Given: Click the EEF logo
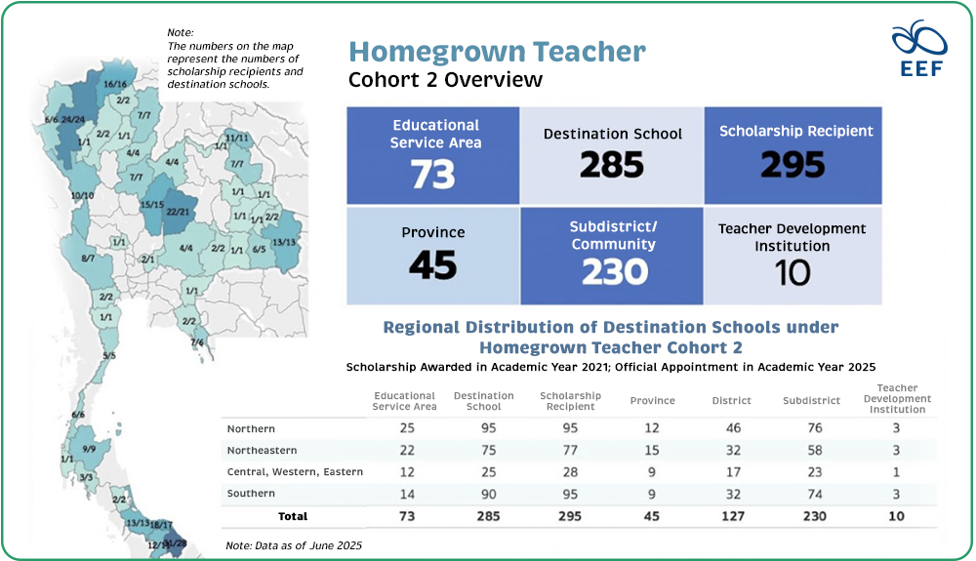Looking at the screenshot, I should point(919,48).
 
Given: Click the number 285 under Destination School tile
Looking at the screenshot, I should point(612,165).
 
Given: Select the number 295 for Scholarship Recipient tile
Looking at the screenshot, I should point(793,165).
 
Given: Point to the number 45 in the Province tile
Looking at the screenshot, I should point(433,263).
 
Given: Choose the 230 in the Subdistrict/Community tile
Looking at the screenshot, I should point(614,272).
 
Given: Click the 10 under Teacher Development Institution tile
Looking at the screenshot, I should point(793,272).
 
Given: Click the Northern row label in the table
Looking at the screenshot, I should point(251,429).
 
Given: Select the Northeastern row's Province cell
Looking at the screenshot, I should point(652,451).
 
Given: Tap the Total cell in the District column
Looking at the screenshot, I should point(732,516).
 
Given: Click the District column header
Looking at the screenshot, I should point(732,400).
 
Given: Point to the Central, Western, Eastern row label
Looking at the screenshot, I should point(295,472).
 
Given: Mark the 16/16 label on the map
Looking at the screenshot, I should point(116,86).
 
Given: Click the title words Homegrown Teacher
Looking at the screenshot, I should point(497,52).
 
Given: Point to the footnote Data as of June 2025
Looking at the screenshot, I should point(294,544).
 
